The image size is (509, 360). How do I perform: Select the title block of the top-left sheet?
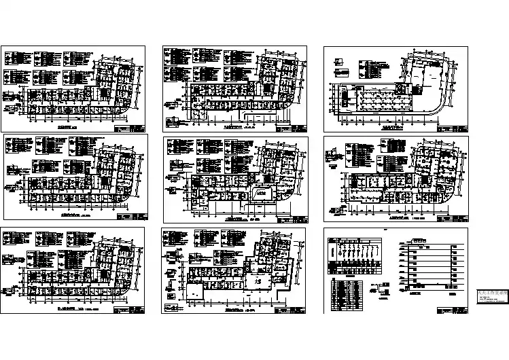130,128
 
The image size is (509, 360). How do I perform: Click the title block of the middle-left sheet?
130,217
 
